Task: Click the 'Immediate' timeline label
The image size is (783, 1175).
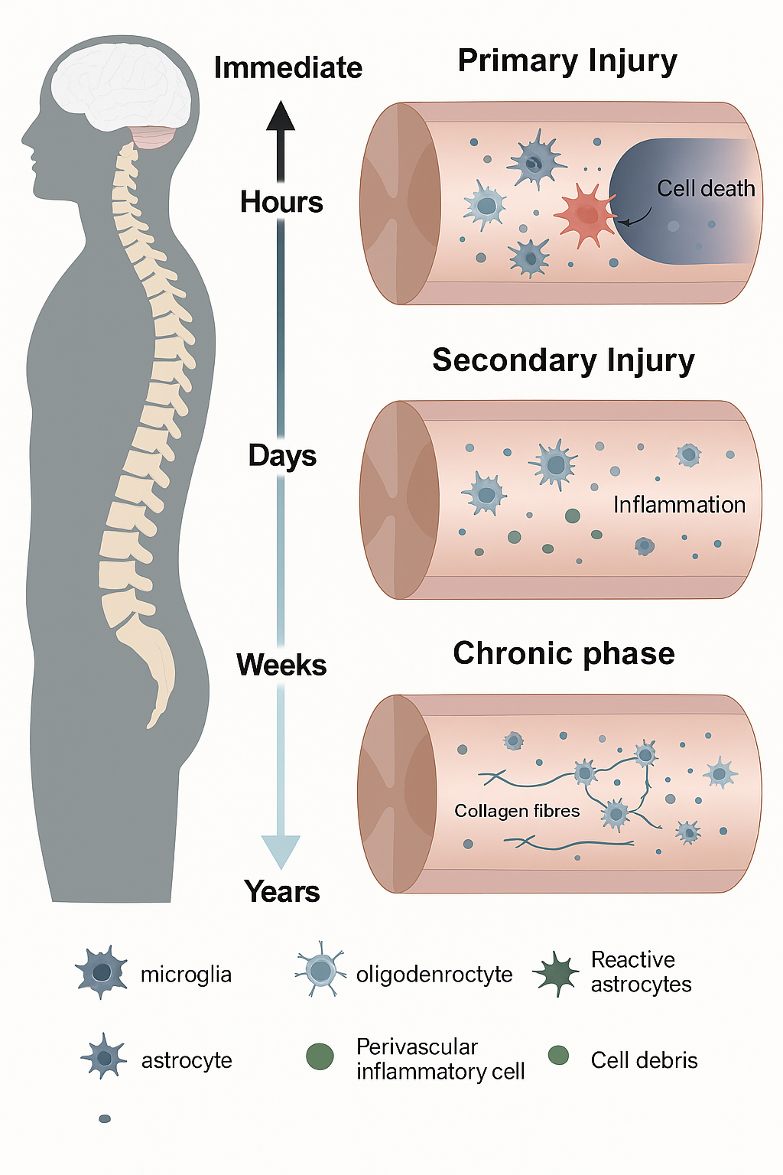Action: [288, 68]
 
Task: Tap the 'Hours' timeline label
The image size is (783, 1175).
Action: [281, 202]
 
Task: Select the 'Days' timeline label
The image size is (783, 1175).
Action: [282, 456]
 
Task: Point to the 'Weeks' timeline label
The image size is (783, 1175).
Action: [281, 665]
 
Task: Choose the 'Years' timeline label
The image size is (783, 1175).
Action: [282, 892]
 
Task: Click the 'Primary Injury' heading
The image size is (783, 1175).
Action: [567, 61]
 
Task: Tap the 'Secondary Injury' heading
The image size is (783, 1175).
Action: [564, 360]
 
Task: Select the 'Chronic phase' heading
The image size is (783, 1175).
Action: [564, 653]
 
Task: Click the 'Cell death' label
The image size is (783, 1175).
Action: [706, 188]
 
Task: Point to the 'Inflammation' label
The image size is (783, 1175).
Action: [679, 505]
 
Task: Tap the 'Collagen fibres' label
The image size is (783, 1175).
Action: [517, 811]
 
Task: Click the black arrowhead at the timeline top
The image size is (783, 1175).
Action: [281, 116]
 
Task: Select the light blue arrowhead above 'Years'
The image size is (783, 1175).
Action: [281, 851]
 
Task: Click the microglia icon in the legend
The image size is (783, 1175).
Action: [102, 972]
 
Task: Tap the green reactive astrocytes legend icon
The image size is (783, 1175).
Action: [557, 973]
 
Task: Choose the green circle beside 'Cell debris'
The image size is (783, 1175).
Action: [559, 1056]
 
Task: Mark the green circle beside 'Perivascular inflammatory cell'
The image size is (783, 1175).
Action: [320, 1056]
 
